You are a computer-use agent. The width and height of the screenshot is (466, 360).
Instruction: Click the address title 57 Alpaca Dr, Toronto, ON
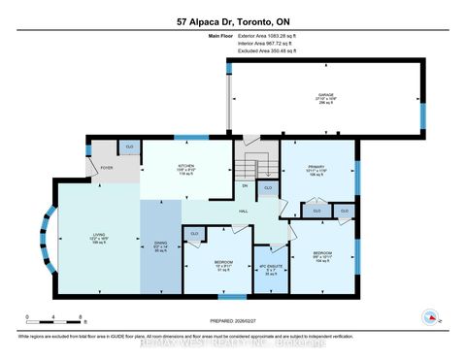click(233, 20)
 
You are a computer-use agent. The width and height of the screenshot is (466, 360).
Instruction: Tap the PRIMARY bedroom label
click(318, 166)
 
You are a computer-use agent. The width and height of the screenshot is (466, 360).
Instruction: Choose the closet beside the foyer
click(128, 147)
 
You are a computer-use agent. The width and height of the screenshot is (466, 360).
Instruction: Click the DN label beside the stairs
click(245, 184)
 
